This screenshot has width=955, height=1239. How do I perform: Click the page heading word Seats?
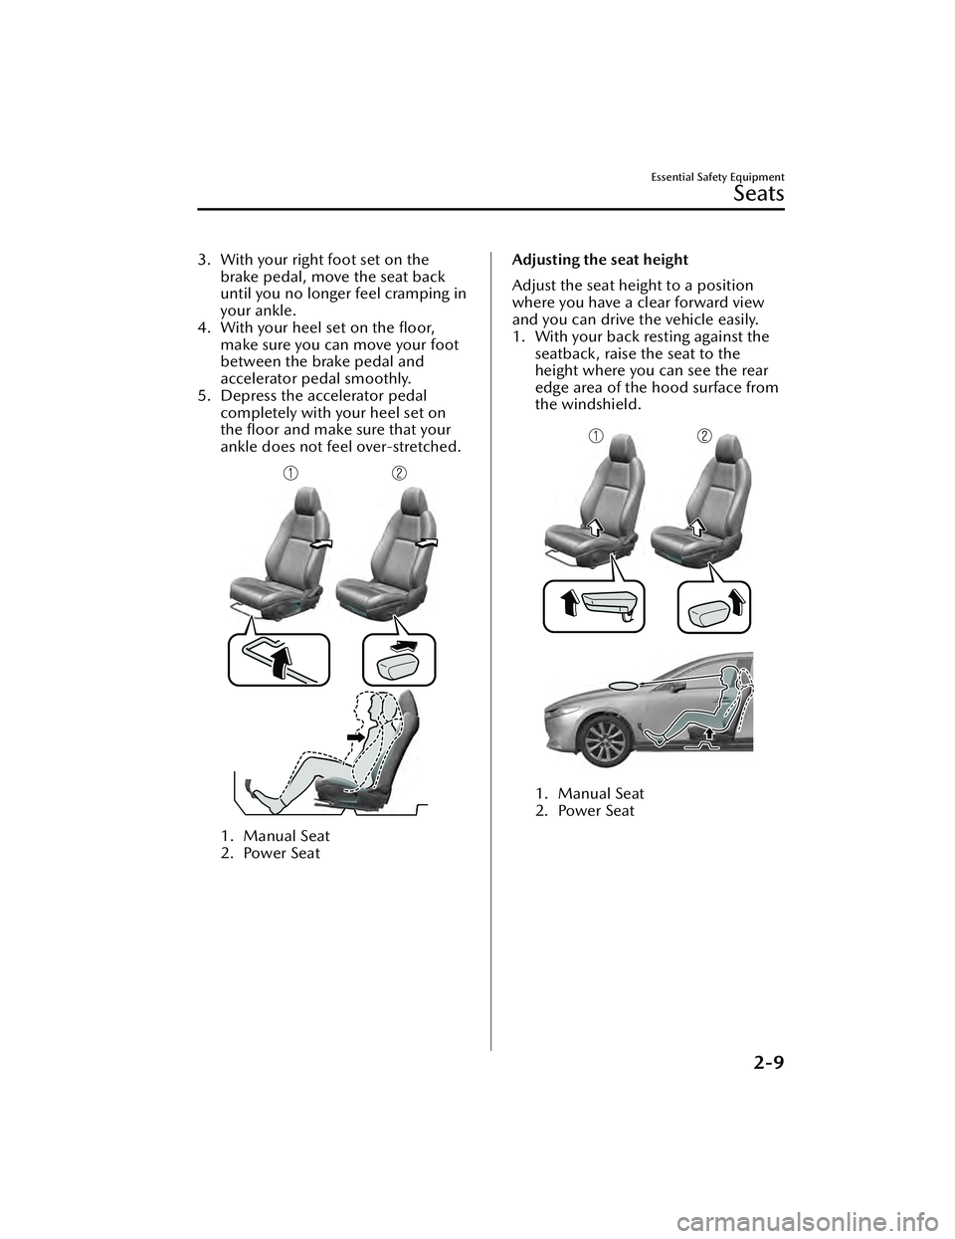(x=758, y=193)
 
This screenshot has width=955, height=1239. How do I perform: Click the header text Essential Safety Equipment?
(x=718, y=177)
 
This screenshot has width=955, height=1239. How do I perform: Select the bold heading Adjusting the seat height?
(x=599, y=260)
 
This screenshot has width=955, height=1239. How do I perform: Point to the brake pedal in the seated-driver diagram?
(x=249, y=779)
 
